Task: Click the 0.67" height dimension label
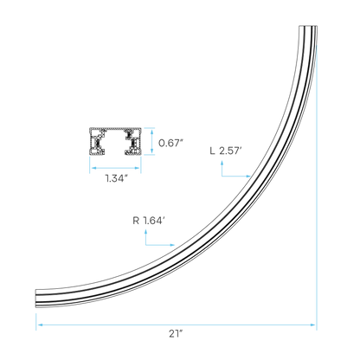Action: tap(170, 143)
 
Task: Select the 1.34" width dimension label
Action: tap(117, 178)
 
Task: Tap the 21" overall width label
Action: tap(177, 334)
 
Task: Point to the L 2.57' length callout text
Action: tap(226, 151)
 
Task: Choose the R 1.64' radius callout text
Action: tap(149, 221)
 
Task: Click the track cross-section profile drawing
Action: tap(115, 141)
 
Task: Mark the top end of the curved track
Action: tap(308, 27)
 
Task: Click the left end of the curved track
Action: tap(36, 299)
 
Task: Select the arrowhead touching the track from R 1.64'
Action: tap(172, 245)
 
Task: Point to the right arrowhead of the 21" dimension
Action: tap(312, 325)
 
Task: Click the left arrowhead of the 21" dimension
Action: tap(40, 325)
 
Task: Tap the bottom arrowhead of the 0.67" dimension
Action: tap(151, 151)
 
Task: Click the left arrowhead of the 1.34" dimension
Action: tap(93, 168)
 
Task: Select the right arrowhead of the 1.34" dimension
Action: tap(138, 168)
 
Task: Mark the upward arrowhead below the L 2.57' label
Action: tap(222, 164)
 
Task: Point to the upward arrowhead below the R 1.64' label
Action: tap(146, 232)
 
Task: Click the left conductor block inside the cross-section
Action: tap(97, 142)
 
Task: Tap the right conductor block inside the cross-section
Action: tap(133, 142)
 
